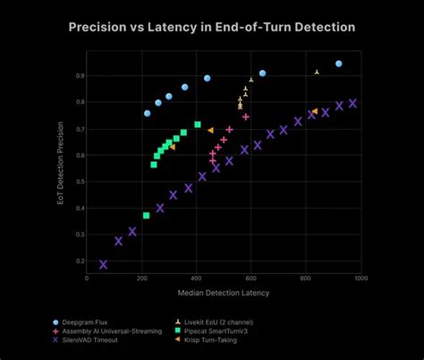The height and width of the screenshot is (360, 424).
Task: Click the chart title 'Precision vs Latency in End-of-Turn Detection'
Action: pyautogui.click(x=212, y=27)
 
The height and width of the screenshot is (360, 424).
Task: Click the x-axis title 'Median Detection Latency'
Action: pyautogui.click(x=224, y=292)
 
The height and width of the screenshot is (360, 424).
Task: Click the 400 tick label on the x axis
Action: pyautogui.click(x=196, y=279)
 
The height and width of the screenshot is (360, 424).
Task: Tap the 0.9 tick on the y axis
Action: pyautogui.click(x=80, y=76)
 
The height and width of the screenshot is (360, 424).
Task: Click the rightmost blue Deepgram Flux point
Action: pyautogui.click(x=339, y=64)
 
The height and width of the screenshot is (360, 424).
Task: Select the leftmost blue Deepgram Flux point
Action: pyautogui.click(x=148, y=113)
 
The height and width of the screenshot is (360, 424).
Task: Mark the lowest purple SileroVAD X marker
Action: pyautogui.click(x=103, y=264)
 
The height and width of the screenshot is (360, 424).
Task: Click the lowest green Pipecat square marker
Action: pyautogui.click(x=146, y=215)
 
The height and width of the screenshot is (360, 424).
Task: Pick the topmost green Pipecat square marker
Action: pyautogui.click(x=198, y=124)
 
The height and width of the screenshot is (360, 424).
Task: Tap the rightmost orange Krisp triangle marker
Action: pyautogui.click(x=314, y=111)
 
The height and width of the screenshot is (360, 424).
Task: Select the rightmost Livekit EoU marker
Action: pyautogui.click(x=317, y=72)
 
